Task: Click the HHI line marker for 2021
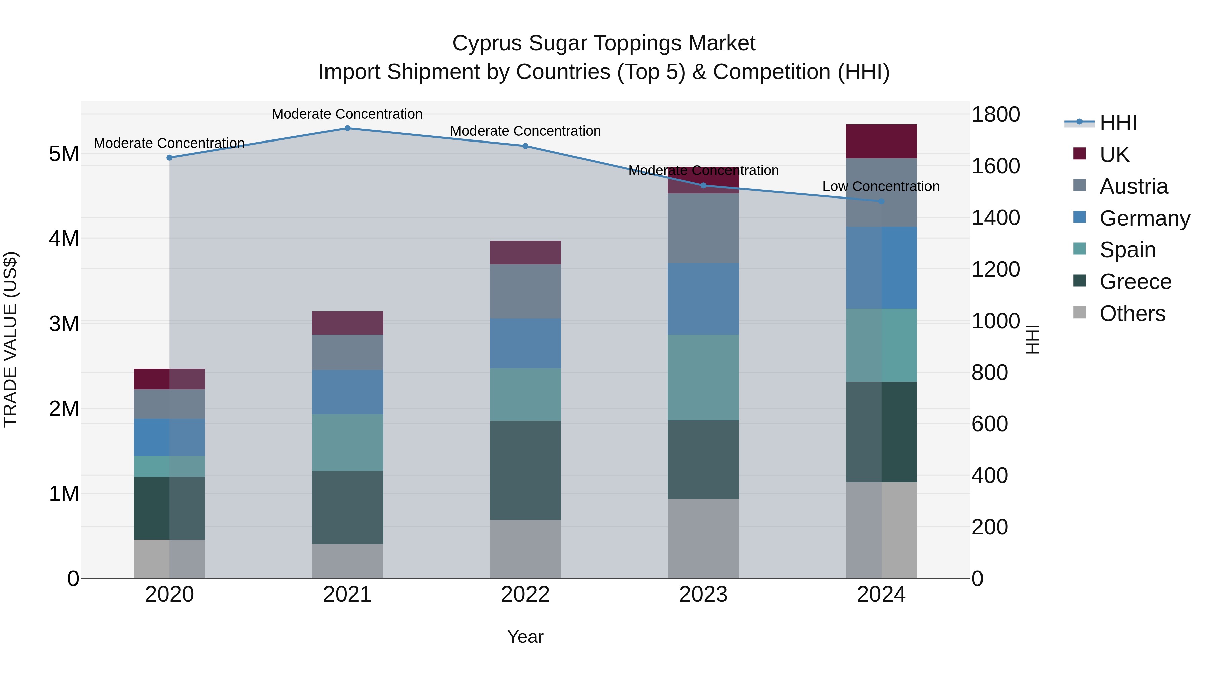point(348,128)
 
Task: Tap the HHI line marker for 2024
point(881,201)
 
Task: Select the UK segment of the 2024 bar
point(881,142)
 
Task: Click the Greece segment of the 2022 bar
point(525,470)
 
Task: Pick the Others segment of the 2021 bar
point(348,561)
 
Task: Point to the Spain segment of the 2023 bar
point(703,377)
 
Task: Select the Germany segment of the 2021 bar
point(348,392)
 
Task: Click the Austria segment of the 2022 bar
point(525,291)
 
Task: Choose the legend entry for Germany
point(1144,218)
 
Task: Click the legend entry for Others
point(1132,314)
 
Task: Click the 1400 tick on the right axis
point(995,218)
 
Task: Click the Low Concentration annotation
point(881,186)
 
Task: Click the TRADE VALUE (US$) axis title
point(10,339)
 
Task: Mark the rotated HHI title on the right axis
point(1033,339)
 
